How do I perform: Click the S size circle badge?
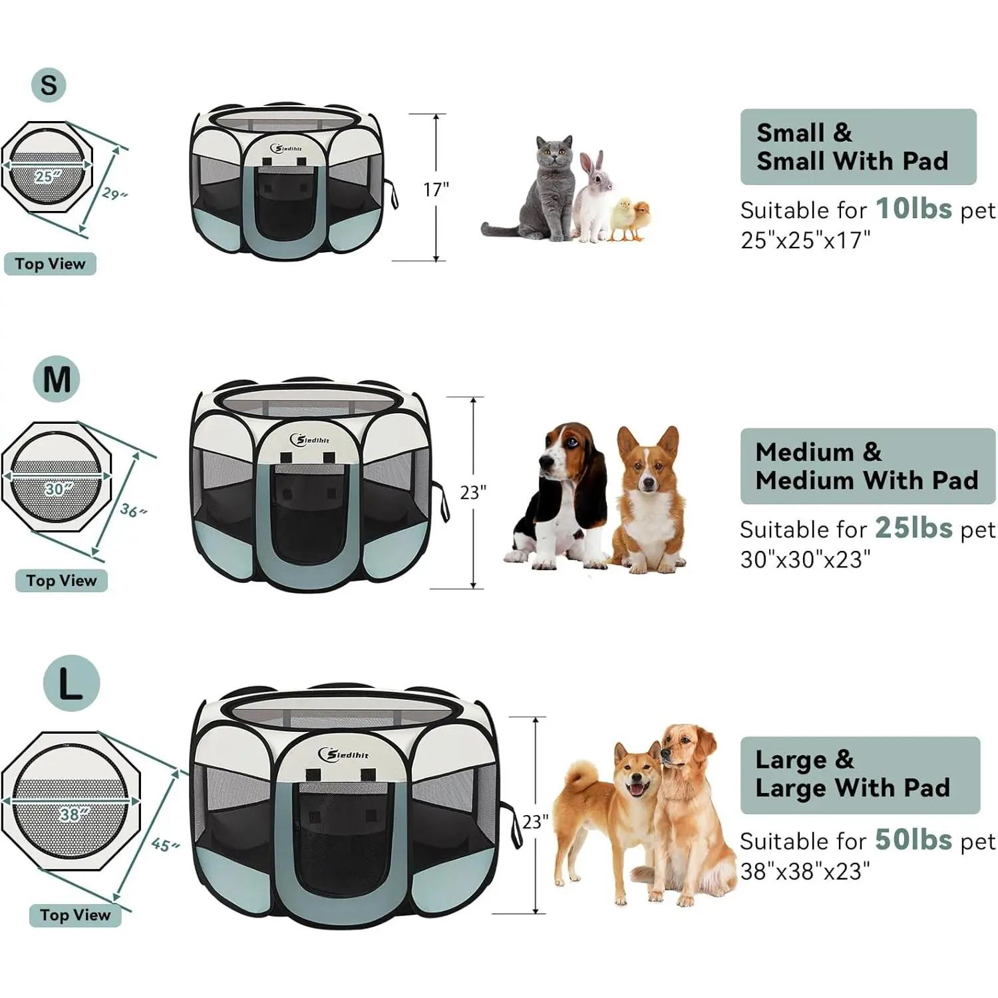coord(49,85)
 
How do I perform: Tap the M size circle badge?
coord(57,380)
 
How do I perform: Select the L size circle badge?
coord(71,683)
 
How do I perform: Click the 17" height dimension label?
coord(436,190)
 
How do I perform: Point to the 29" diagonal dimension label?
coord(114,194)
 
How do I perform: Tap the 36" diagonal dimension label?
coord(133,510)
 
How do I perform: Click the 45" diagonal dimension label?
coord(165,844)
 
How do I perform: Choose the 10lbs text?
coord(914,209)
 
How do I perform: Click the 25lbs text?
coord(914,528)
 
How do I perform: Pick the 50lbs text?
coord(914,840)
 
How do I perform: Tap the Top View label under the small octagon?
coord(50,264)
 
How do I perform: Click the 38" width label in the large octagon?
coord(69,814)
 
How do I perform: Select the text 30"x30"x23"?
coord(805,560)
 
